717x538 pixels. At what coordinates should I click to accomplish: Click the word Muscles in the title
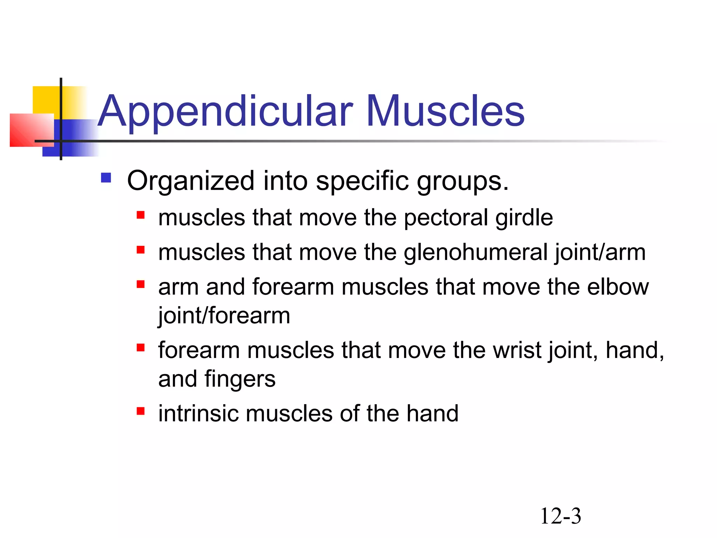coord(445,111)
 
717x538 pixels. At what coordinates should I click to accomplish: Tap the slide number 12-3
coord(561,516)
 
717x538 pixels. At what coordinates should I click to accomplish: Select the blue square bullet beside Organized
coord(106,178)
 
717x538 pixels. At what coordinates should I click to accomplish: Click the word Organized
coord(190,181)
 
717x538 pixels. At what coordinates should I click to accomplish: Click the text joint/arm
coord(600,253)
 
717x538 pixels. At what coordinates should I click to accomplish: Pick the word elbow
coord(618,287)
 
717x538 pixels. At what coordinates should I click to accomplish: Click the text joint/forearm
coord(224,316)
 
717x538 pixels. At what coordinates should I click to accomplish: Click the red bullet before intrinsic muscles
coord(141,411)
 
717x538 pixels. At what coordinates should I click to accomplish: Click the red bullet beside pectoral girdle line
coord(141,215)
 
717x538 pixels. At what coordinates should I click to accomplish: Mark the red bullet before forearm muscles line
coord(141,347)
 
